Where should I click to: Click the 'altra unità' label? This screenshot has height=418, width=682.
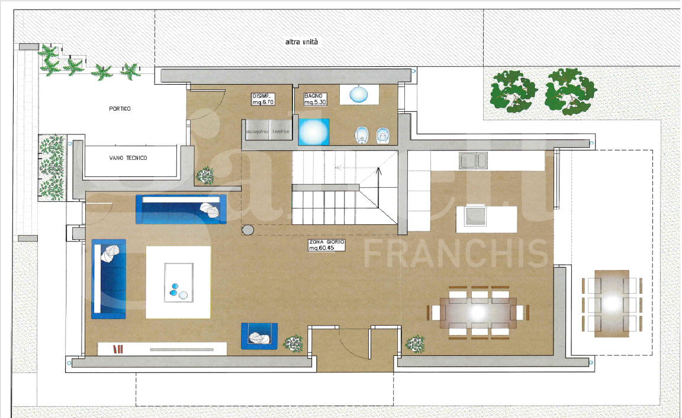coord(302,42)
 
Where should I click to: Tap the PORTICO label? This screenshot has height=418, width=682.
coord(120,109)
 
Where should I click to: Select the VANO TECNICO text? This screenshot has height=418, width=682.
coord(128,158)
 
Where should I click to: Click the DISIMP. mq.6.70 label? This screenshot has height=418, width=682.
coord(263,99)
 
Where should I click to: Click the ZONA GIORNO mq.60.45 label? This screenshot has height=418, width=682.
coord(327,245)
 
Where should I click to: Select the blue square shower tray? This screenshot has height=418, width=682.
coord(313,131)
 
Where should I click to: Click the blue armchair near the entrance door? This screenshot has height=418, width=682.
coord(259,336)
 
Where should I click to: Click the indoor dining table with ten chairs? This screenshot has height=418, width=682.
coord(479,312)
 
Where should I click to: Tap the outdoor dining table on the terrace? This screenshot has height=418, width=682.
coord(612,304)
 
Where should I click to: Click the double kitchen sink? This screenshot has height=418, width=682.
coord(474,160)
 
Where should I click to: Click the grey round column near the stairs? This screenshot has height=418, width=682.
coord(248,230)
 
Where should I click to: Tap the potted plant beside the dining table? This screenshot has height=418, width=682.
coord(415,343)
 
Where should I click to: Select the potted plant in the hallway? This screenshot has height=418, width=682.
coord(205,175)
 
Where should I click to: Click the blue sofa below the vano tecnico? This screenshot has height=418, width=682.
coord(181,209)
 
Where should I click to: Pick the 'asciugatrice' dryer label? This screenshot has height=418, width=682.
coord(256,131)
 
